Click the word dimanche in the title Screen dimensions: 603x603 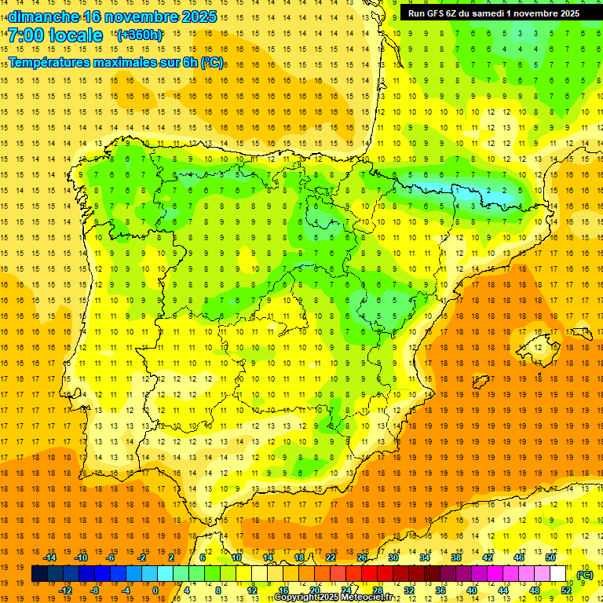pos(43,16)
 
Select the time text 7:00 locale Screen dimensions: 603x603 pos(56,35)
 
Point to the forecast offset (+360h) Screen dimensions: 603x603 pos(141,35)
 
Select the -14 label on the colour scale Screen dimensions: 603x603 pos(49,557)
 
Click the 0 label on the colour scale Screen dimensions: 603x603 pos(155,590)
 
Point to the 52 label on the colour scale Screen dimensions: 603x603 pos(566,590)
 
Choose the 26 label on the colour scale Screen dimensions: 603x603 pos(362,557)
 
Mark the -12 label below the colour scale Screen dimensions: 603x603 pos(65,590)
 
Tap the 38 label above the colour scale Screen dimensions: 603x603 pos(456,557)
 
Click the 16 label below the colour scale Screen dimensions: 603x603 pos(283,590)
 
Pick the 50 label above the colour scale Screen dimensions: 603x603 pos(550,557)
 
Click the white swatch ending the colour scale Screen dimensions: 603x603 pos(557,574)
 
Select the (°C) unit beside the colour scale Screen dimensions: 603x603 pos(584,575)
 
